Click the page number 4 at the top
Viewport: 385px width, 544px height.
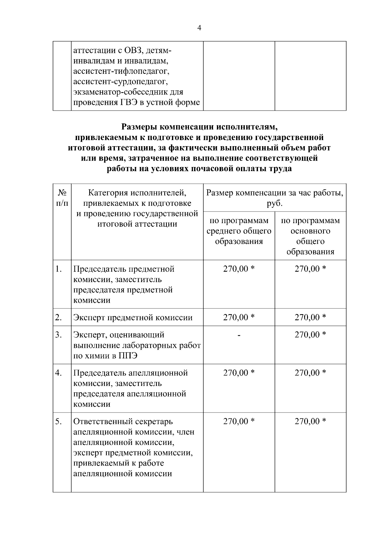199,28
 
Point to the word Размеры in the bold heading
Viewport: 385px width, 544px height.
139,127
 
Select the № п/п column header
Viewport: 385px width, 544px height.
62,198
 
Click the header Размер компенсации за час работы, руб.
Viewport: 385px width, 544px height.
275,198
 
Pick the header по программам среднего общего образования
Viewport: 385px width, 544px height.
239,231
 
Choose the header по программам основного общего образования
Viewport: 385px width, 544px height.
310,236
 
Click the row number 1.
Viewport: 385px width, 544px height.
58,269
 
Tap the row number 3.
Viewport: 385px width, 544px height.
58,335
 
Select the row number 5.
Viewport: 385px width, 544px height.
58,422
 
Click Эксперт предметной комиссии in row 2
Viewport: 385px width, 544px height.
133,317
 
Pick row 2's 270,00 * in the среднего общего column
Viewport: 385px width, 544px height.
239,317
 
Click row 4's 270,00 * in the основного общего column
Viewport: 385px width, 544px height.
310,373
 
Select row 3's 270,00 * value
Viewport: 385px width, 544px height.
310,335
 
